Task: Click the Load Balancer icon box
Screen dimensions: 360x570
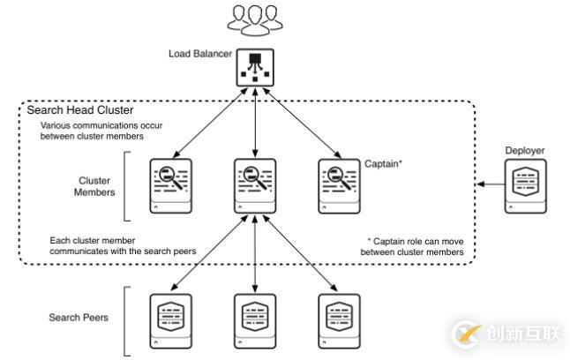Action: (255, 66)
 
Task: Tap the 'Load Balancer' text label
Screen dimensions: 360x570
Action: (200, 54)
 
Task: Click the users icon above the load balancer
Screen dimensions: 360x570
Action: (255, 19)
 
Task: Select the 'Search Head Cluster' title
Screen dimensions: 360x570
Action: (80, 111)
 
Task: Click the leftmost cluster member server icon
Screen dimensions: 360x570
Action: (169, 184)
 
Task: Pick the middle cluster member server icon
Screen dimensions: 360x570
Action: (255, 184)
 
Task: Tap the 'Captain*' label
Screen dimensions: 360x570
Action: (384, 164)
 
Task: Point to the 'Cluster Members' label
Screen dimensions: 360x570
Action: (94, 184)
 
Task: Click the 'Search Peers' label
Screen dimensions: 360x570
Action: (79, 317)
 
